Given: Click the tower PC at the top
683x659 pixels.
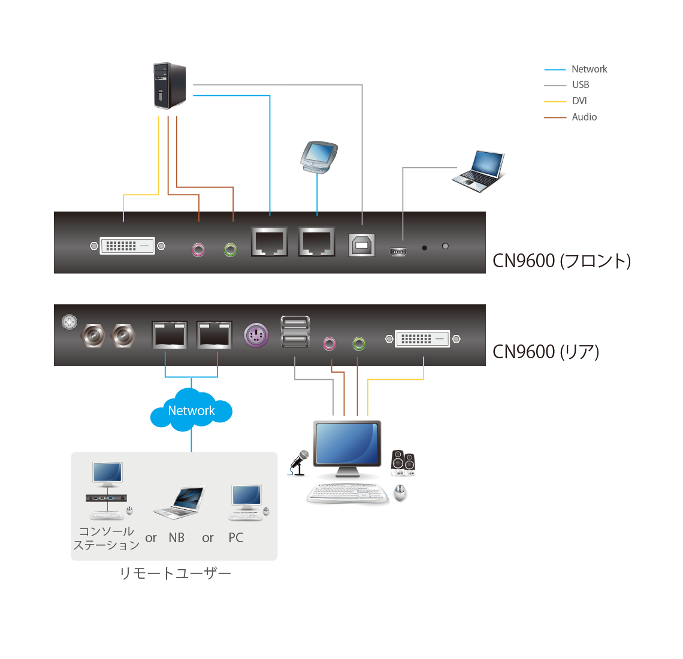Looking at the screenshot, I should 170,86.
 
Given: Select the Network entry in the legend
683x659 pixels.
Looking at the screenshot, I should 589,69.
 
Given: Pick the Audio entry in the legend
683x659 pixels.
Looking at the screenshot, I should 584,117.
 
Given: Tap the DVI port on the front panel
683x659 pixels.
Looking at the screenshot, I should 128,246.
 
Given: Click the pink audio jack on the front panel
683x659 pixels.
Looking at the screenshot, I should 198,249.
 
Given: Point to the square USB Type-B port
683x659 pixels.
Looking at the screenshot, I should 362,245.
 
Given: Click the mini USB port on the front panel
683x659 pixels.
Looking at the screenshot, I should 398,252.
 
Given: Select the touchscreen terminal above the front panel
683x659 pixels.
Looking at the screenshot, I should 319,157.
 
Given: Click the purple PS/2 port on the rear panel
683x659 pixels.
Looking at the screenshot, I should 256,334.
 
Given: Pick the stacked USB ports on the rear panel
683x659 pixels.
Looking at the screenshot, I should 295,331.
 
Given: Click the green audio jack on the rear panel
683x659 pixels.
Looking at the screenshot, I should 359,343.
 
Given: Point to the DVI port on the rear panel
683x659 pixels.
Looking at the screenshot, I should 422,339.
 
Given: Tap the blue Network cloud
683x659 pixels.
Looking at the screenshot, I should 191,410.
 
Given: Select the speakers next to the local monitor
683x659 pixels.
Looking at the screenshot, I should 403,462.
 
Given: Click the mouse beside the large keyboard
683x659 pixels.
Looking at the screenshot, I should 400,493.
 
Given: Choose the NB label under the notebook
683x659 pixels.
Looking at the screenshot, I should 177,538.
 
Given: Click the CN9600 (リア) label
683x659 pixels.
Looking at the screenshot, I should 546,352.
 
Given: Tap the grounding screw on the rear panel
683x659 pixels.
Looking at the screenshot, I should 69,322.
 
